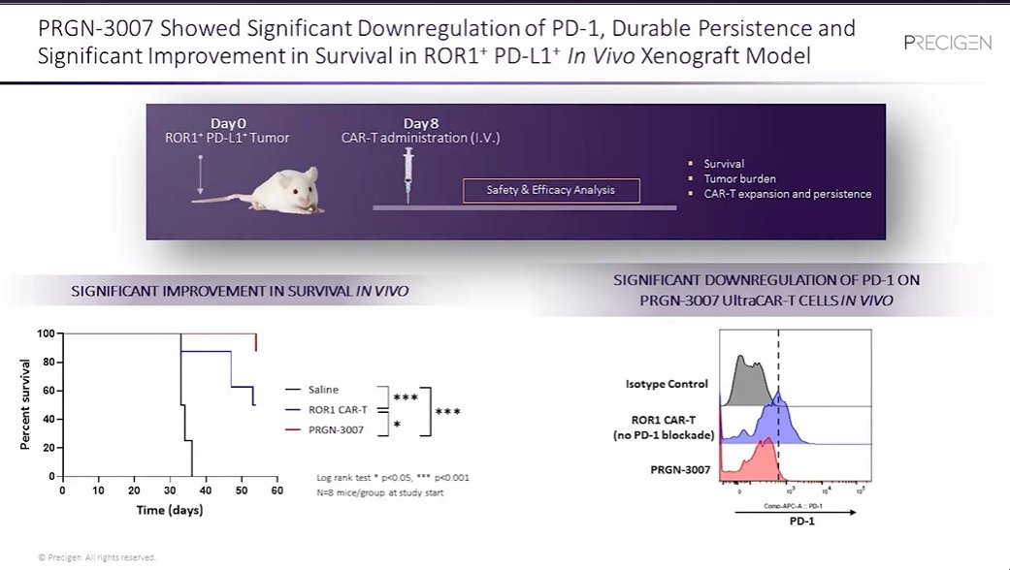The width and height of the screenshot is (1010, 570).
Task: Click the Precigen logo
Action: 946,43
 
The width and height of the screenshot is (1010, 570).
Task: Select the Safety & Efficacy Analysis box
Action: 550,190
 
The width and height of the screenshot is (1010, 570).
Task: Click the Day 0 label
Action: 229,123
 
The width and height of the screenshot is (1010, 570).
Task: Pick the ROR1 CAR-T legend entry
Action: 334,409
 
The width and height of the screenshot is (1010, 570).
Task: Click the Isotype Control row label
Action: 667,384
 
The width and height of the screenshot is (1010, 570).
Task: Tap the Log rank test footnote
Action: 393,478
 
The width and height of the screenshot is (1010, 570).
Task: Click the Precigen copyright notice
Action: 96,556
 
